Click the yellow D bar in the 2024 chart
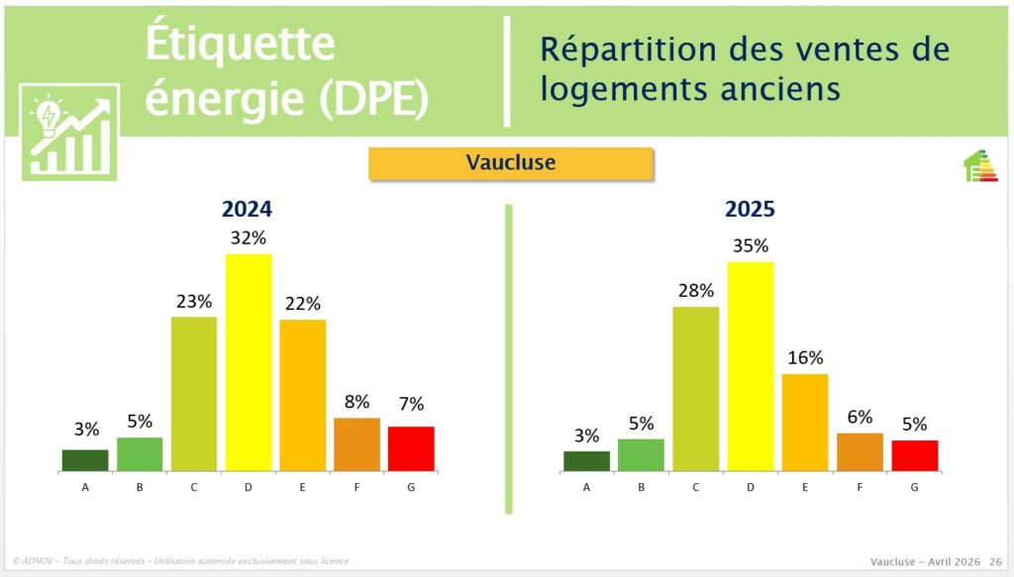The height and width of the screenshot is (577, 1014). click(x=249, y=362)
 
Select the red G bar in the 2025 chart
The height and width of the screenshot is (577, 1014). click(x=914, y=455)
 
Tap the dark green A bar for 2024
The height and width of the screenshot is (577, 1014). click(x=85, y=460)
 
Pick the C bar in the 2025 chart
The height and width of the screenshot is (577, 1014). click(x=695, y=389)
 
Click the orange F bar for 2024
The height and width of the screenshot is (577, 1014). click(x=356, y=444)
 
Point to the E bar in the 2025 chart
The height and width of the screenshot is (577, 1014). click(x=805, y=423)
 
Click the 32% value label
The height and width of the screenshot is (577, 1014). click(x=249, y=239)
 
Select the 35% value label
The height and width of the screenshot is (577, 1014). click(x=751, y=245)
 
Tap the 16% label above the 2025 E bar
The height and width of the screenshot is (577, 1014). click(x=805, y=358)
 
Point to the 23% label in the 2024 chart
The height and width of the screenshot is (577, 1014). click(x=194, y=301)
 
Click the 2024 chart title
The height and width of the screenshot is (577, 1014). click(x=247, y=209)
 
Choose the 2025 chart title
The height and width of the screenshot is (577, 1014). click(x=750, y=209)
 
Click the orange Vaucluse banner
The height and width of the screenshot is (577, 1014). click(x=511, y=163)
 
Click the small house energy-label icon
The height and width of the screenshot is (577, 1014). click(x=980, y=166)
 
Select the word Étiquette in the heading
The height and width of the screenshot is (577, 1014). click(x=241, y=45)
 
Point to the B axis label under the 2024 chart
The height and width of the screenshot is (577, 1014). click(x=140, y=486)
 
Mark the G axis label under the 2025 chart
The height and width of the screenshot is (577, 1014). click(x=914, y=487)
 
